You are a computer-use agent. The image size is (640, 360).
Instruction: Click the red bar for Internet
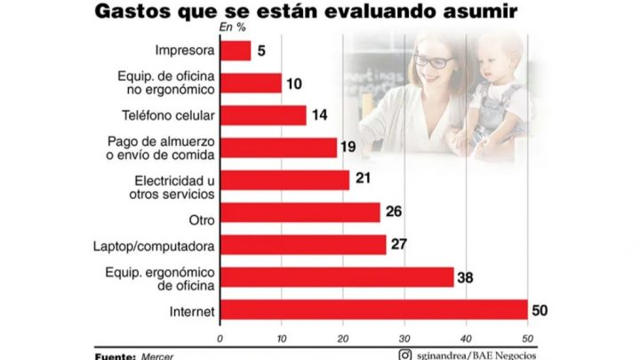point(373,309)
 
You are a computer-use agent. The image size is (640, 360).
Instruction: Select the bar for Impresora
point(236,52)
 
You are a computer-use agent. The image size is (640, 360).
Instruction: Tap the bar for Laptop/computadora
point(302,244)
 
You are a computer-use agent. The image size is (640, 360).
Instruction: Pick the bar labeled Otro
point(300,212)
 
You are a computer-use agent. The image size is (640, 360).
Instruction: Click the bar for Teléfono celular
point(263,116)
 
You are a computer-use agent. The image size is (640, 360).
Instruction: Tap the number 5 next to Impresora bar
point(260,52)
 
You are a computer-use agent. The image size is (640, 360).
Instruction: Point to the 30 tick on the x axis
point(404,338)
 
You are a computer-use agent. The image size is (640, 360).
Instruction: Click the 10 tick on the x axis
point(281,338)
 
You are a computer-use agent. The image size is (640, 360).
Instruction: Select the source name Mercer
point(157,356)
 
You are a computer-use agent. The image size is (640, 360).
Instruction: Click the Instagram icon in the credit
point(405,355)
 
